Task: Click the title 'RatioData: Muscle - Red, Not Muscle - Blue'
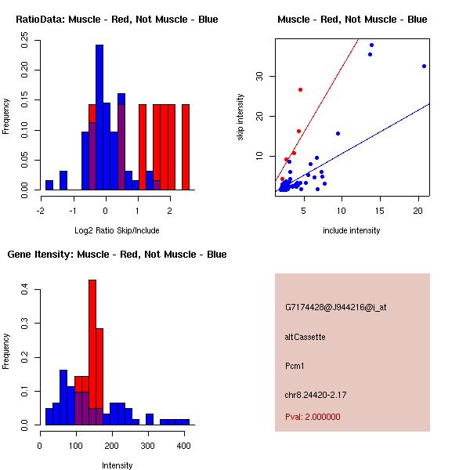tap(117, 19)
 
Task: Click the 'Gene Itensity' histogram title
tap(117, 254)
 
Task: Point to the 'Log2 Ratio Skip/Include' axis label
tap(117, 230)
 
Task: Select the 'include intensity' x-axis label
tap(352, 230)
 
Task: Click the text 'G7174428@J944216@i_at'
tap(336, 307)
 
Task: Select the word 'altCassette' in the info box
tap(305, 337)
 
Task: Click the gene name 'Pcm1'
tap(295, 366)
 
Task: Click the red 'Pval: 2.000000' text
tap(313, 417)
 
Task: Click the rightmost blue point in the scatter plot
tap(424, 66)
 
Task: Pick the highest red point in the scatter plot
tap(300, 89)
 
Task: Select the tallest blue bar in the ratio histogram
tap(99, 117)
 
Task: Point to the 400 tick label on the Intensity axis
tap(183, 446)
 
